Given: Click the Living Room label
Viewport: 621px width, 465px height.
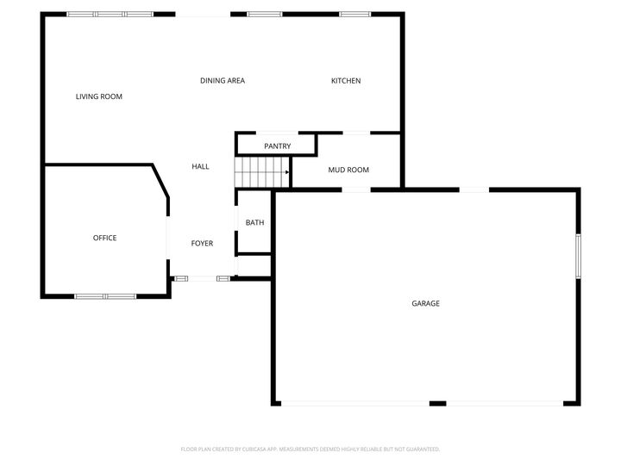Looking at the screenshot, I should (x=99, y=96).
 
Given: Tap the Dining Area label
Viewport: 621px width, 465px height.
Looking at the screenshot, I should (x=223, y=81).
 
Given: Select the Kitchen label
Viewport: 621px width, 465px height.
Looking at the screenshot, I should (x=346, y=81).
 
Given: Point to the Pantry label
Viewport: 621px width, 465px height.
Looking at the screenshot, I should (x=278, y=146).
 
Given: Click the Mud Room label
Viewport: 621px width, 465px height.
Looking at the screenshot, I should (x=348, y=170).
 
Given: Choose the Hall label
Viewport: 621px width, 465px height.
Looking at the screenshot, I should (x=200, y=166).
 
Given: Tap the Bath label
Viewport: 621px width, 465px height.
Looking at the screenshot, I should (x=254, y=222).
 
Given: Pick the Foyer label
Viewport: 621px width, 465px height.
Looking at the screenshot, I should (x=202, y=244).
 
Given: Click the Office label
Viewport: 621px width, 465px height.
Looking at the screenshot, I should (x=104, y=238).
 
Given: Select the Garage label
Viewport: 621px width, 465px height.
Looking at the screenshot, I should (x=425, y=303).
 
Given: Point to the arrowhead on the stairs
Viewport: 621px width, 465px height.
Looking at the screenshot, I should (x=286, y=172).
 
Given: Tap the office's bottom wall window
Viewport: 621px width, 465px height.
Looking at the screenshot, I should (x=105, y=296).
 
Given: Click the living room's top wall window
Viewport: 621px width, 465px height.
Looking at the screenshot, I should (x=110, y=14).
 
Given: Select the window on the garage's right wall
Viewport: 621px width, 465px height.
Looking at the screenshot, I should (x=578, y=255).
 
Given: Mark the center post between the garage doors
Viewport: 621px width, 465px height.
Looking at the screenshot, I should (x=437, y=403).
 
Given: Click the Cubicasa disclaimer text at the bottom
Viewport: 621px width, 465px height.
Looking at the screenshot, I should (x=310, y=449).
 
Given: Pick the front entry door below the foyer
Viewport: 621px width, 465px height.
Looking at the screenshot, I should (x=202, y=278).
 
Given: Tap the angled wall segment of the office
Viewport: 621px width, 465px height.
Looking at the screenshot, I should (x=160, y=182).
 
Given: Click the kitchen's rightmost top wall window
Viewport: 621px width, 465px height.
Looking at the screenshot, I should (x=354, y=14).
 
